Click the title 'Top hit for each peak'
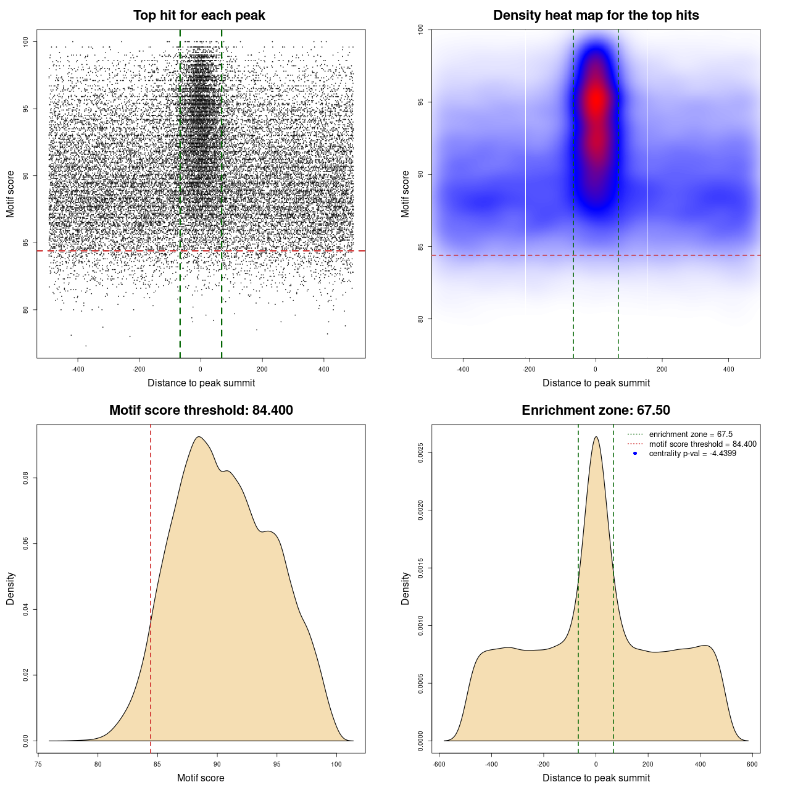(x=199, y=15)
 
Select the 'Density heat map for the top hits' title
(x=596, y=15)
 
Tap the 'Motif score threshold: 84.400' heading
(x=201, y=410)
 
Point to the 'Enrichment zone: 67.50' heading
(x=596, y=410)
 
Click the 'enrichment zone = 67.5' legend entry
(x=691, y=434)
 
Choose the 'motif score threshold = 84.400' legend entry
(x=702, y=444)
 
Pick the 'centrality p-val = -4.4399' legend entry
(x=692, y=454)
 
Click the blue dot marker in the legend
(x=635, y=454)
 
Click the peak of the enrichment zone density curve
(x=596, y=437)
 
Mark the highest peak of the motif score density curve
(x=198, y=437)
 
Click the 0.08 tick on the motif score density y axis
(x=25, y=478)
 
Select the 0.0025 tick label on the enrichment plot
(x=420, y=453)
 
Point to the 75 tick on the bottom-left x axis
(x=38, y=764)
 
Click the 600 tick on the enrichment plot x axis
(x=752, y=764)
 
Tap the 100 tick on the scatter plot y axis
(x=25, y=41)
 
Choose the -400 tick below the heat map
(x=463, y=369)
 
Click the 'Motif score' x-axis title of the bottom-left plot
(x=201, y=778)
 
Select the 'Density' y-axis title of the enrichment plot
(x=405, y=588)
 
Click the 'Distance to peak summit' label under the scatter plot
(x=201, y=383)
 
